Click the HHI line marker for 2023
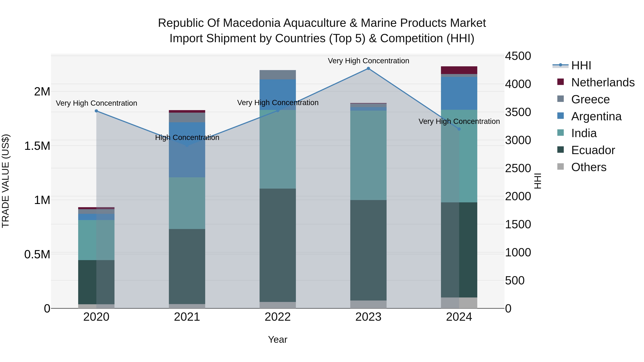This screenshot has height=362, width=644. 368,68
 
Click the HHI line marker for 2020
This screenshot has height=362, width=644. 96,111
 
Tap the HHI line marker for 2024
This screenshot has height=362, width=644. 459,129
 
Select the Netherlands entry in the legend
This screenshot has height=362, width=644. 603,82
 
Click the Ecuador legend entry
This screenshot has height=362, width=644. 593,150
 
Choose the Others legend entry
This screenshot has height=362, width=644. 589,167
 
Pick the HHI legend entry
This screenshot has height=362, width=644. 581,65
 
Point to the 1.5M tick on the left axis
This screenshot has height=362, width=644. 37,146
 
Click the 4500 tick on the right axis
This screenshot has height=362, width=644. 518,56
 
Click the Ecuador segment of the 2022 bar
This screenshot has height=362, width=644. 277,245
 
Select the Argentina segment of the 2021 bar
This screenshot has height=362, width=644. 187,150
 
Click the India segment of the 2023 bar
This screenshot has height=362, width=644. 368,155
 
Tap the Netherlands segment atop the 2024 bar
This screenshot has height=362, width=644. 459,70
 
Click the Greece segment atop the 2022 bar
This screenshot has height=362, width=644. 277,75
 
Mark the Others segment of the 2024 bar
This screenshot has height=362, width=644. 459,303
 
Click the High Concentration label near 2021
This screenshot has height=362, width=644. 187,138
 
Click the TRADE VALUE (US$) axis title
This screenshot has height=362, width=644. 6,181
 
